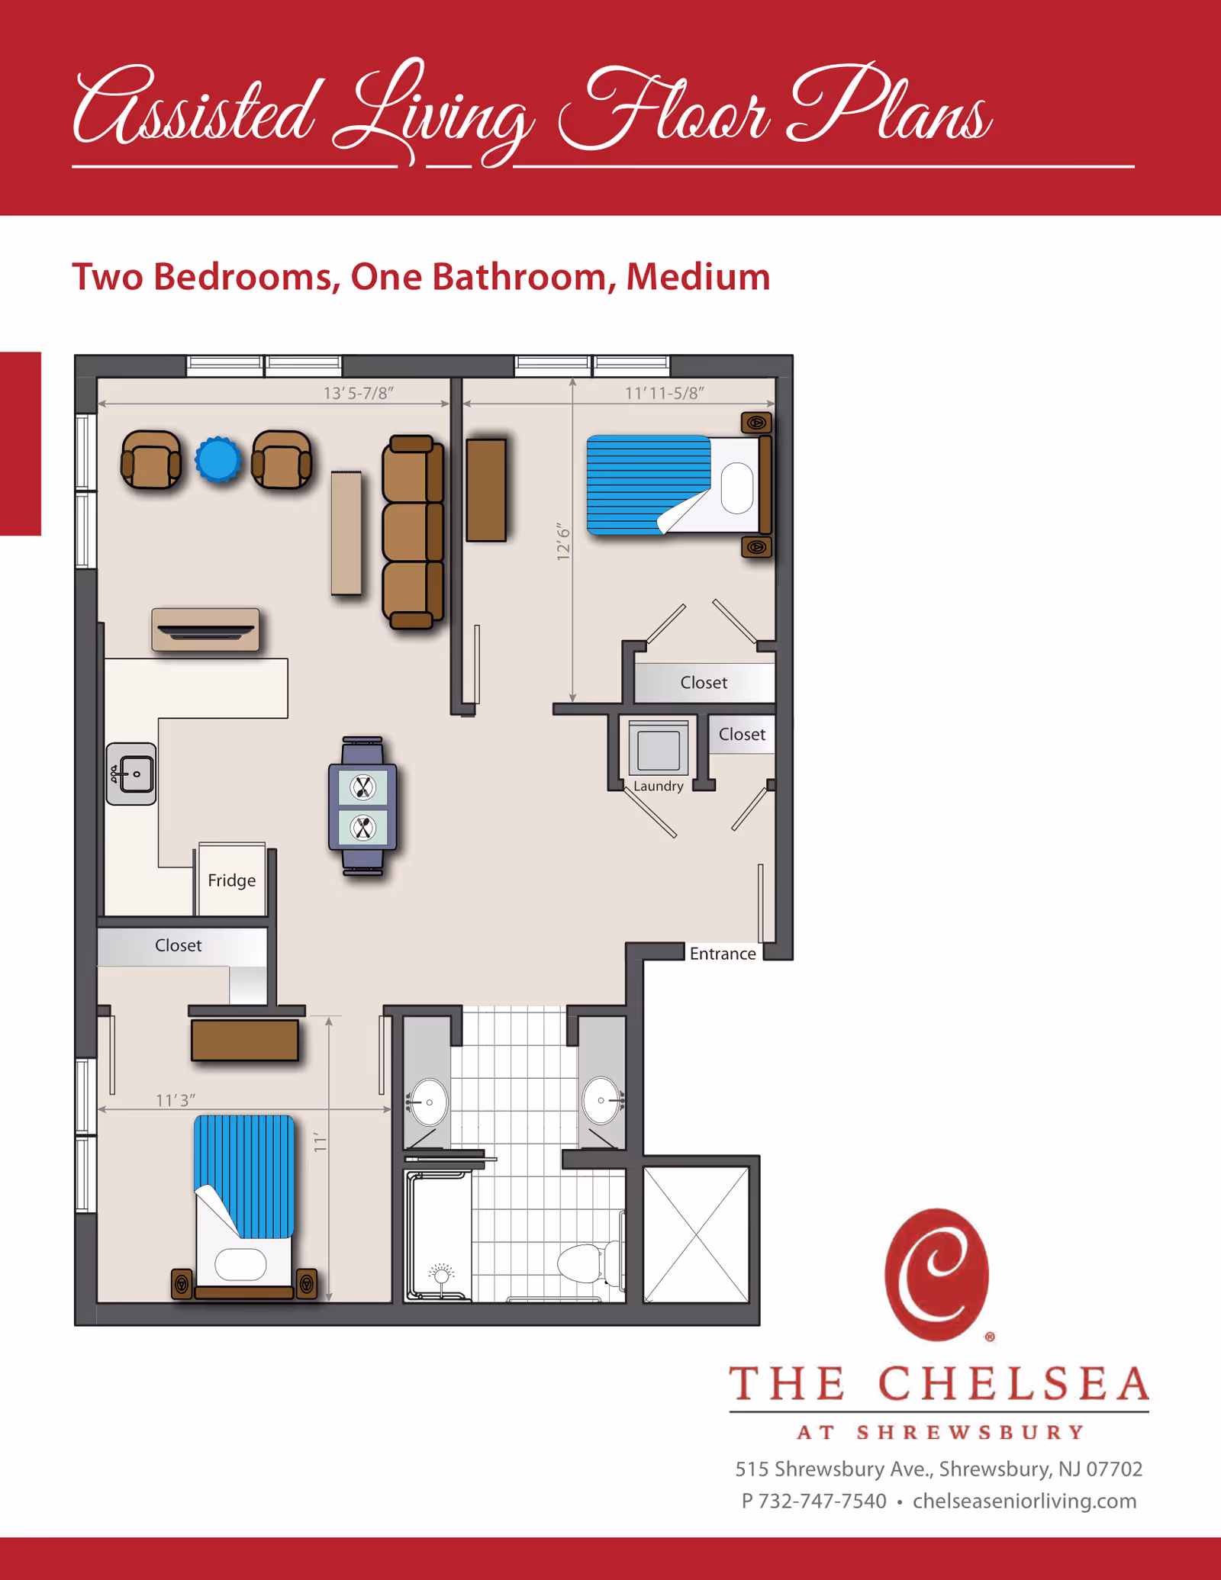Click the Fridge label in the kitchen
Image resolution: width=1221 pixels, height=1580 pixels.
click(x=231, y=880)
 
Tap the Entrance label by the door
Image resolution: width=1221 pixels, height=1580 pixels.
click(x=722, y=954)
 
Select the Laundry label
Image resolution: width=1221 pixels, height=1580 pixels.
click(x=658, y=786)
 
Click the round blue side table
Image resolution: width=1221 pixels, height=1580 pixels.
click(x=218, y=459)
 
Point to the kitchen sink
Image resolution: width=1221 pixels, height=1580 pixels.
click(x=132, y=774)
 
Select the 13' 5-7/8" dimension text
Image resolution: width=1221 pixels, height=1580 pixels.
click(x=358, y=393)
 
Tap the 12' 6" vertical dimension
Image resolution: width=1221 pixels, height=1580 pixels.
click(x=563, y=542)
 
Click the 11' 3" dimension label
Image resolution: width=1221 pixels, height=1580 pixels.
click(x=176, y=1100)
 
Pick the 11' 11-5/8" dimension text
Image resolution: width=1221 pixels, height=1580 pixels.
click(x=664, y=393)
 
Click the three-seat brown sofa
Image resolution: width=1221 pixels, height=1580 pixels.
click(x=413, y=532)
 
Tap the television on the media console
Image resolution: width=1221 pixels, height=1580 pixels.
click(x=205, y=630)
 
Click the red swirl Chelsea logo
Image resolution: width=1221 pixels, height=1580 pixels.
click(x=937, y=1274)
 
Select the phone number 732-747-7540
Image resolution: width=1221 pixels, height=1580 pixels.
click(x=822, y=1501)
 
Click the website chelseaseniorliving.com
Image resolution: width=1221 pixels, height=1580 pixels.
click(x=1024, y=1501)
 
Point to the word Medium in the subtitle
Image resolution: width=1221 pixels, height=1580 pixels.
click(x=697, y=276)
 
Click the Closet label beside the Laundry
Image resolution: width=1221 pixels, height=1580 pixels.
click(x=742, y=734)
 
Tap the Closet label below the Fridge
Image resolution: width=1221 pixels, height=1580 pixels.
click(x=178, y=945)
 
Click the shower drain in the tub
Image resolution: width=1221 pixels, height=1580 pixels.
click(x=440, y=1273)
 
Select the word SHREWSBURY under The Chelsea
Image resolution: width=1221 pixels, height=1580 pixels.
click(x=970, y=1432)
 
